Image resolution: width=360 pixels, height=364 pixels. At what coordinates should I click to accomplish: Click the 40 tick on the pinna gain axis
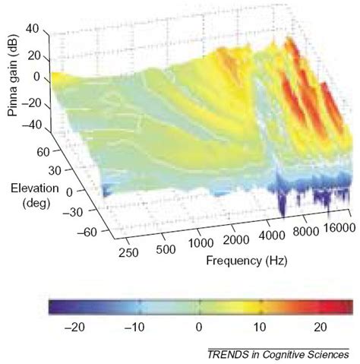click(31, 29)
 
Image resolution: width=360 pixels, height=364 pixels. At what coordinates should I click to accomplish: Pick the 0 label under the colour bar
click(199, 327)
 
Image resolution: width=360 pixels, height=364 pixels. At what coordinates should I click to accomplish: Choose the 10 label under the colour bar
click(260, 327)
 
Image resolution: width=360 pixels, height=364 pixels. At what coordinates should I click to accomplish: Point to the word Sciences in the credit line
click(326, 355)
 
